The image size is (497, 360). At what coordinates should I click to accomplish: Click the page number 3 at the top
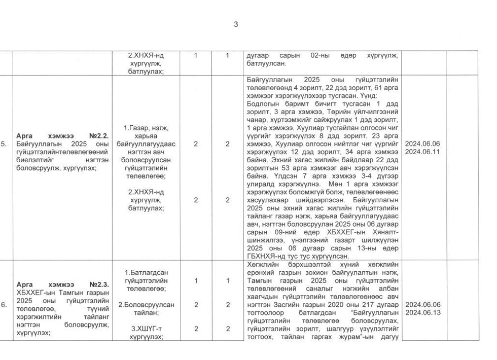(x=236, y=24)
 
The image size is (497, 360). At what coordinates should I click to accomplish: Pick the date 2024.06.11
(x=422, y=151)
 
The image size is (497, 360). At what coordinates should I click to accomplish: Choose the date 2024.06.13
(x=422, y=312)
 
